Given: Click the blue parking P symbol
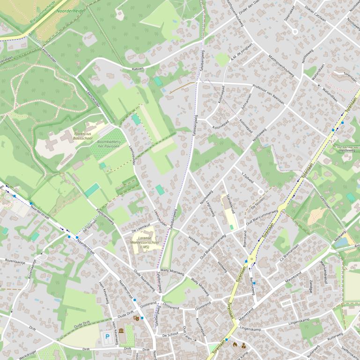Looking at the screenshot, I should (107, 336).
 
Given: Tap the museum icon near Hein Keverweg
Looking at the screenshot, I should (121, 331).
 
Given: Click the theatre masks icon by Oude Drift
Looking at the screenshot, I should (136, 318).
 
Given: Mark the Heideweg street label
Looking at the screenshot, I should (347, 151).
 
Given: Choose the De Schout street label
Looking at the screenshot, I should (170, 335).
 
